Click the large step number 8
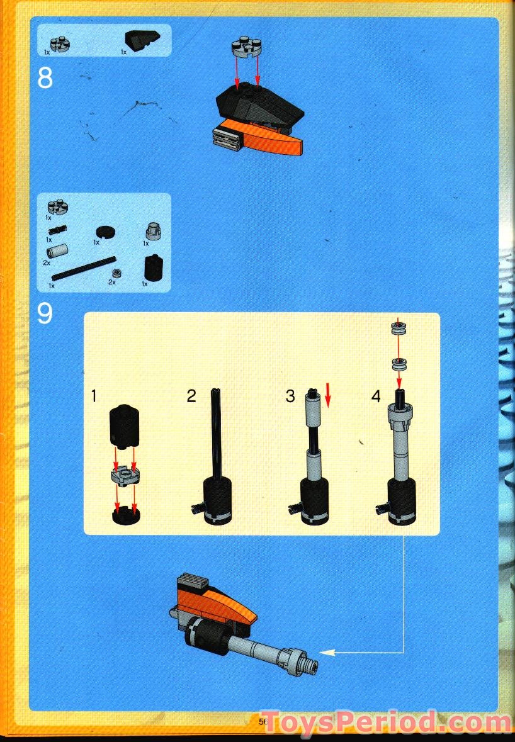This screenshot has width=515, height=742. click(45, 78)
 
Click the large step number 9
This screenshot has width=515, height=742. click(45, 313)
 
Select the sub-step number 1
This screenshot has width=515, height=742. click(94, 396)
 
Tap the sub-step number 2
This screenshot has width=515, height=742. click(192, 396)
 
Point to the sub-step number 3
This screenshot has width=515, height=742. click(290, 396)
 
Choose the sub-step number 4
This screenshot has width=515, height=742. click(376, 396)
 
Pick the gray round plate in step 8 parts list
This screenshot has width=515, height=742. click(60, 43)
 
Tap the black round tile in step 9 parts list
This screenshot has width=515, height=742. click(104, 232)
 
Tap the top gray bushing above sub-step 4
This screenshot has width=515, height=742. click(398, 327)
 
